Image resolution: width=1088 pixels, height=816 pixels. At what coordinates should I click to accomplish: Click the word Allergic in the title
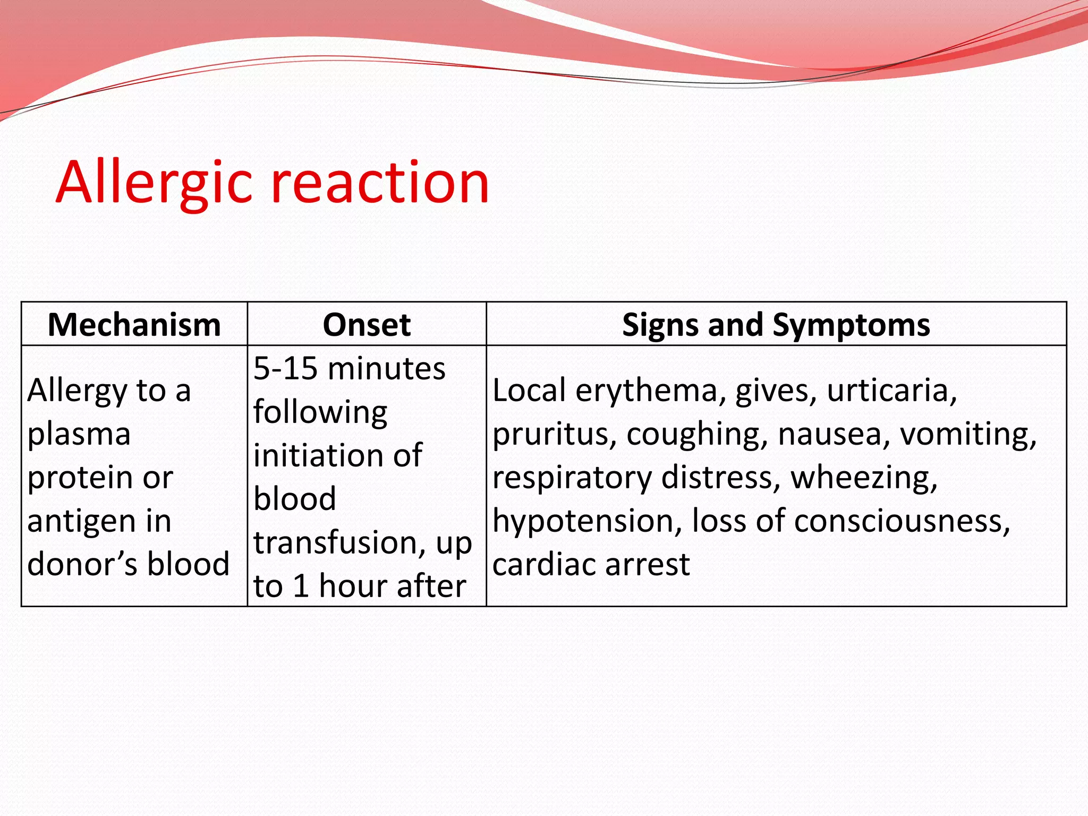coord(154,183)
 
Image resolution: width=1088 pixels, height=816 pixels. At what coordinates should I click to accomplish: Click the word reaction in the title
coord(380,183)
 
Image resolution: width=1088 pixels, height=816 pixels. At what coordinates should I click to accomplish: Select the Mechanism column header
coord(134,325)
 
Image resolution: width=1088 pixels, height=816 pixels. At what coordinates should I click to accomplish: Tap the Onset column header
coord(367,325)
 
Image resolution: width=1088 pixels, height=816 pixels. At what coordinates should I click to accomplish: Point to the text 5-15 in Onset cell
coord(285,369)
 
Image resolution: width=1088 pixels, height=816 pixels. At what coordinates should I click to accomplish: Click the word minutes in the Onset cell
coord(387,369)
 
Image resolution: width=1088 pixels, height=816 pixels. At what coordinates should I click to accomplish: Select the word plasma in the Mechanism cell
coord(79,435)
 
